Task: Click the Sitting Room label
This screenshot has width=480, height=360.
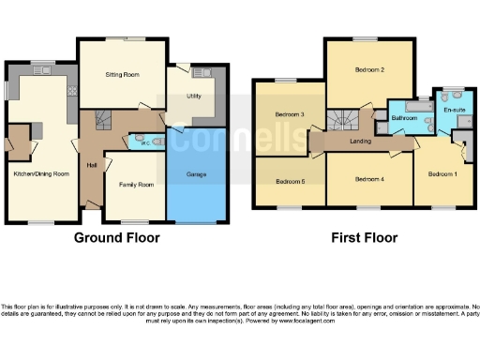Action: tap(122, 72)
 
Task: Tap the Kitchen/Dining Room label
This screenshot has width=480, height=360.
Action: tap(41, 173)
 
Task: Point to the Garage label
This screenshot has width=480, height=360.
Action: tap(195, 175)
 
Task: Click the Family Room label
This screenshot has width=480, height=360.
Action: tap(134, 184)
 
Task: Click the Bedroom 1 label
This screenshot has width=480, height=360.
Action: tap(442, 173)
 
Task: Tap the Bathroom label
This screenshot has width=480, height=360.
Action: tap(405, 118)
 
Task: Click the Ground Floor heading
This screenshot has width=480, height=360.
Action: tap(116, 238)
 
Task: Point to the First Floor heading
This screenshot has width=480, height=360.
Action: tap(364, 238)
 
